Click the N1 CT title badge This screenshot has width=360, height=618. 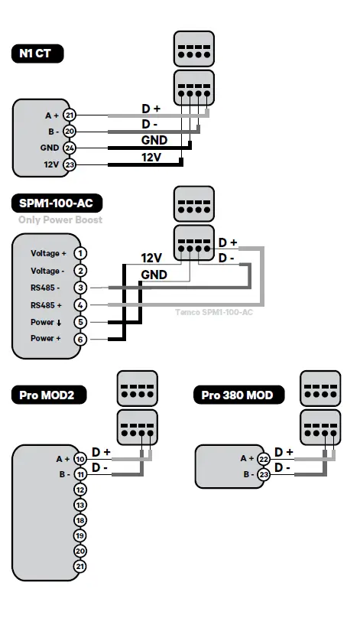coord(36,54)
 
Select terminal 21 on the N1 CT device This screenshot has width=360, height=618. coord(70,115)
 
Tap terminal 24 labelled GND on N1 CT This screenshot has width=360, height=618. coord(70,148)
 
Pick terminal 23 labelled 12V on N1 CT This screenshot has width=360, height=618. coord(70,164)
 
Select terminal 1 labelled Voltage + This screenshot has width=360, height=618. coord(80,253)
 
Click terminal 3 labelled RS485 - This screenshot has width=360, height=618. coord(80,288)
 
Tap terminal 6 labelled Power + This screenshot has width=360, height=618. coord(80,339)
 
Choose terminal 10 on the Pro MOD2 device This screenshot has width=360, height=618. coord(80,459)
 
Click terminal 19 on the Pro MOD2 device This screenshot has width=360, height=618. coord(80,535)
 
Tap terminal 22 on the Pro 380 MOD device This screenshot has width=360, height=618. coord(264,458)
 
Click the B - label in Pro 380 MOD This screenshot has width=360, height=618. coord(247,474)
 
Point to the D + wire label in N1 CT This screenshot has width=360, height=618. coord(151,109)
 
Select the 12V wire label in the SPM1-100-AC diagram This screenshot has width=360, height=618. coord(152,258)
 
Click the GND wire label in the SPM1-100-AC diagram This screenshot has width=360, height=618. coord(153,275)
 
